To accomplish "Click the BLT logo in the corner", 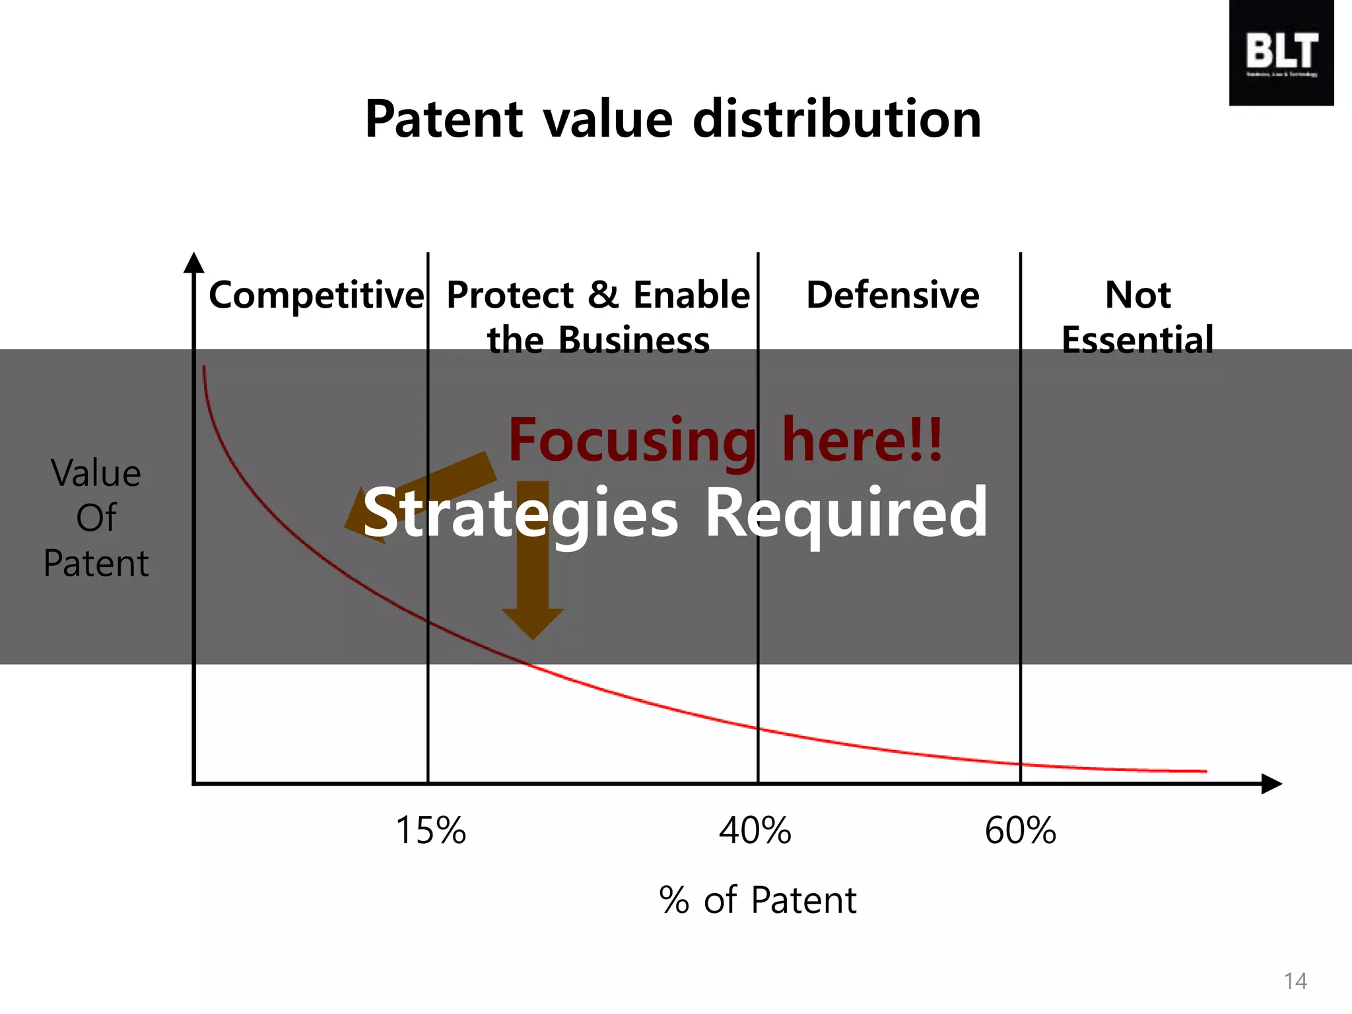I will [1281, 53].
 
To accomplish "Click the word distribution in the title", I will [837, 119].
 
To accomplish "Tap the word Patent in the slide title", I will [444, 119].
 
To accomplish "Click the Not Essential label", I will [1137, 317].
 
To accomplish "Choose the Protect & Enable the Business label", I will [598, 317].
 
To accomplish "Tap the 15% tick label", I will [430, 830].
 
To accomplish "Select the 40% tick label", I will [755, 830].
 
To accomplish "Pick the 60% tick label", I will [1020, 830].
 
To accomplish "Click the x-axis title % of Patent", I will [757, 900].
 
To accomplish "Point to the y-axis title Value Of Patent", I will [96, 518].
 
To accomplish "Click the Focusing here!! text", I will [725, 440].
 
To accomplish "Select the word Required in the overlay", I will [846, 514].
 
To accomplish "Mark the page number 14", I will [1295, 981].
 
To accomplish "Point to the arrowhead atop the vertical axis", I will [193, 263].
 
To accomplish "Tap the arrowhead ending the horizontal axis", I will [1271, 784].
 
